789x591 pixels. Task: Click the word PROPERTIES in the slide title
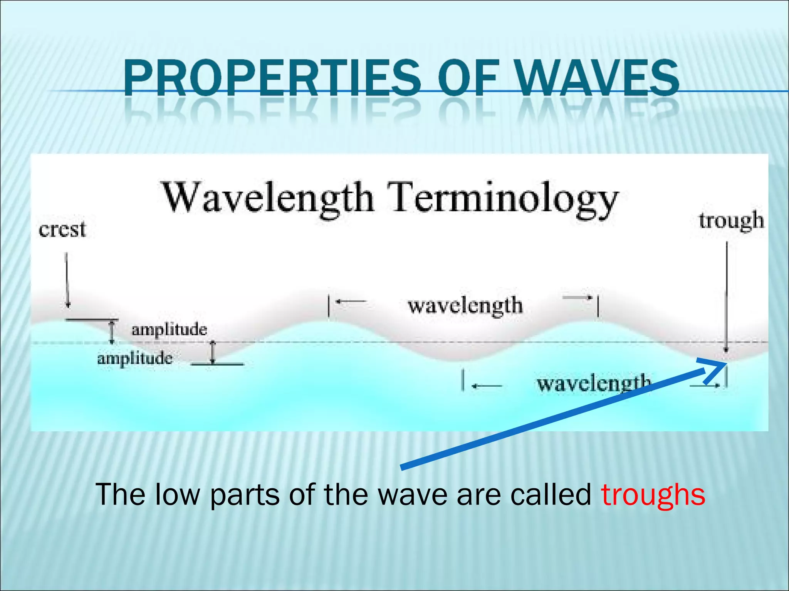[272, 79]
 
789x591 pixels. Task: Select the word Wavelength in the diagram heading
[268, 198]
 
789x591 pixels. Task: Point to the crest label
[62, 230]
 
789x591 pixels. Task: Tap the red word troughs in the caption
[653, 494]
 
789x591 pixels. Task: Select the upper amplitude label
[169, 330]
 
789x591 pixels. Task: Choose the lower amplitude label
[134, 359]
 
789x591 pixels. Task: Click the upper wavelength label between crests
[465, 306]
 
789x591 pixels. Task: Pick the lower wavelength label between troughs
[593, 384]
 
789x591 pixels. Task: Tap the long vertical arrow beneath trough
[726, 296]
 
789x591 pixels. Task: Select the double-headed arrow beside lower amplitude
[213, 352]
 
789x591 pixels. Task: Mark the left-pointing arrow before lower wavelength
[487, 386]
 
